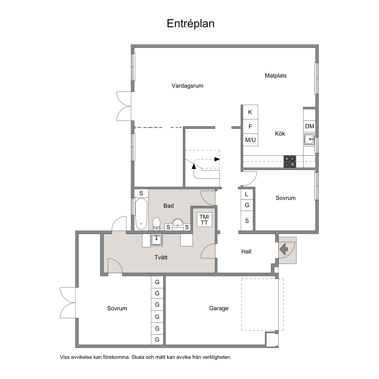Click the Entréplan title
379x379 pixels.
pyautogui.click(x=190, y=24)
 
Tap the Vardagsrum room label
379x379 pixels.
pyautogui.click(x=187, y=86)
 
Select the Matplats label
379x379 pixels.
pyautogui.click(x=276, y=76)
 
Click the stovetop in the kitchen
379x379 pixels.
pyautogui.click(x=290, y=162)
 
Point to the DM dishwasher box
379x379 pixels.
pyautogui.click(x=309, y=126)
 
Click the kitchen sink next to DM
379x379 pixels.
pyautogui.click(x=309, y=139)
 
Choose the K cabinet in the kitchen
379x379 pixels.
pyautogui.click(x=250, y=112)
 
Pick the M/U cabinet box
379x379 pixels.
pyautogui.click(x=250, y=140)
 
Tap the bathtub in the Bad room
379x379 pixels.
pyautogui.click(x=141, y=214)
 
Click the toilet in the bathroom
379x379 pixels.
pyautogui.click(x=157, y=224)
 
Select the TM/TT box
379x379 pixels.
pyautogui.click(x=205, y=220)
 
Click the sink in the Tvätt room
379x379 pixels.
pyautogui.click(x=156, y=240)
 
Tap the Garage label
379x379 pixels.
pyautogui.click(x=219, y=308)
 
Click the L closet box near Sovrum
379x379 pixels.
pyautogui.click(x=247, y=194)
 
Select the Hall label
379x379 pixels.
pyautogui.click(x=246, y=252)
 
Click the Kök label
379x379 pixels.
pyautogui.click(x=280, y=134)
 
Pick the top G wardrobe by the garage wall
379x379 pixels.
pyautogui.click(x=157, y=282)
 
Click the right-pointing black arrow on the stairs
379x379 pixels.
pyautogui.click(x=217, y=159)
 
